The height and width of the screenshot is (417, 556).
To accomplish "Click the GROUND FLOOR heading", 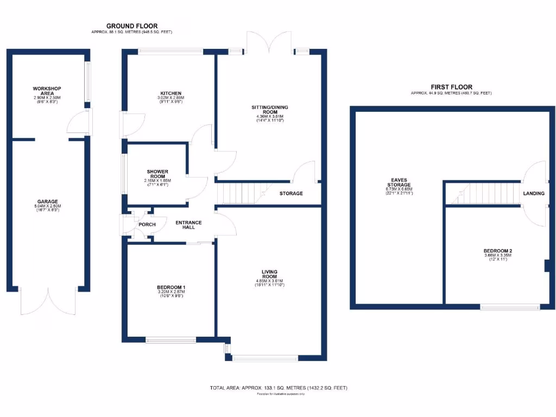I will tap(132, 26).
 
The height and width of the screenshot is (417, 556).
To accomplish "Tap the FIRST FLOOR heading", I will tap(451, 87).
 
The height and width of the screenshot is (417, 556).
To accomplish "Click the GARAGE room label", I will tap(47, 201).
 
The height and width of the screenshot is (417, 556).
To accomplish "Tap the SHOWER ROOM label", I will tap(157, 173).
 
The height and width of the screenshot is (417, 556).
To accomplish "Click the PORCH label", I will tap(147, 224).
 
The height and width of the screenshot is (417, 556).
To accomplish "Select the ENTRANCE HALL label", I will tap(188, 224).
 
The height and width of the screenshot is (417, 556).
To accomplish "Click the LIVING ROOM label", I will tap(270, 274).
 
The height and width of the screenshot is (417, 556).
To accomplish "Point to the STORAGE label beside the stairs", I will tap(291, 193).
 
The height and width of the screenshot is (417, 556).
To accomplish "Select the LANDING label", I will tap(533, 193).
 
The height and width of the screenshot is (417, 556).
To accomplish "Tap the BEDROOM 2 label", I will tap(498, 251).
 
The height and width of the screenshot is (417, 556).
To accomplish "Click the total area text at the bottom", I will tap(278, 388).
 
